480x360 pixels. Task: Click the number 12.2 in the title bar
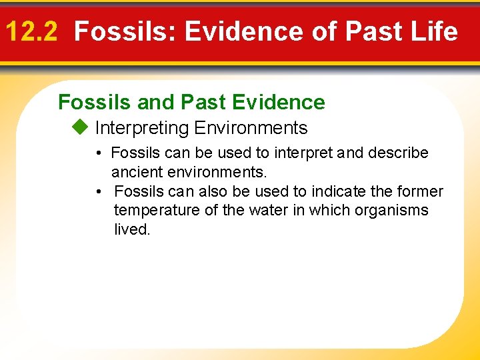point(31,31)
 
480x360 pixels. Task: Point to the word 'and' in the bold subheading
point(153,102)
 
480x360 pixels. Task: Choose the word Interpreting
point(142,127)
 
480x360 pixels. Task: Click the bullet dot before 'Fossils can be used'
point(98,153)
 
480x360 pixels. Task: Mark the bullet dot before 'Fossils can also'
point(98,192)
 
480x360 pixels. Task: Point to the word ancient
point(138,172)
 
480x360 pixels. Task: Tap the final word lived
point(131,230)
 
